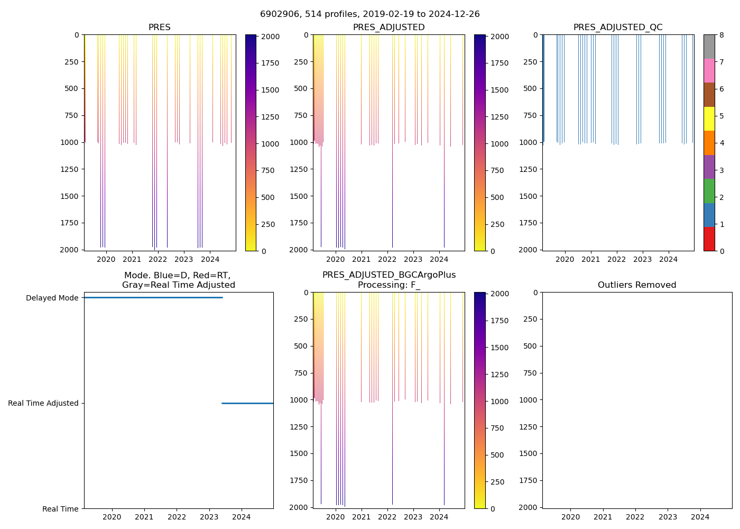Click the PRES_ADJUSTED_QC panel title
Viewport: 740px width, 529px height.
618,28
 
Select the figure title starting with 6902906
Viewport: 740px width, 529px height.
370,14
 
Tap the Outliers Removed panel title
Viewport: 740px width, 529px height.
637,285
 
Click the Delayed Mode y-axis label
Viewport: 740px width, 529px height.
52,298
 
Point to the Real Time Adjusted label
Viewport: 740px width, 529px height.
43,403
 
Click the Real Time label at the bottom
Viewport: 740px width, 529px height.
60,509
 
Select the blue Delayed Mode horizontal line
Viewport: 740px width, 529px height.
153,297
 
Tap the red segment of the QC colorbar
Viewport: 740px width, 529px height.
709,239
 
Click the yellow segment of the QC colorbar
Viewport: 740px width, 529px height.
709,118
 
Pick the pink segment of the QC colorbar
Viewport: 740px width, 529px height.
709,70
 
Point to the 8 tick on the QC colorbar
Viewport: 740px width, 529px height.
721,35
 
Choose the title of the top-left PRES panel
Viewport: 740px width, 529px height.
159,28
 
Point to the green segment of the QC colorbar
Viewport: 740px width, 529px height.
709,190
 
